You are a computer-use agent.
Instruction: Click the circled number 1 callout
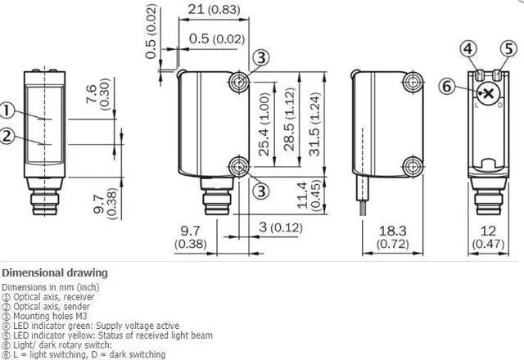(x=7, y=111)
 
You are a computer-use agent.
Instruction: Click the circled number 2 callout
(x=7, y=136)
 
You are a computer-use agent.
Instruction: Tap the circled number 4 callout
(x=468, y=49)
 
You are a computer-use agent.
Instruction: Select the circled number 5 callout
(x=508, y=49)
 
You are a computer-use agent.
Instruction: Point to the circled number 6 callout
(x=447, y=86)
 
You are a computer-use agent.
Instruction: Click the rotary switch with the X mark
(x=488, y=93)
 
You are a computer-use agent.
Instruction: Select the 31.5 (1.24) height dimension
(x=314, y=124)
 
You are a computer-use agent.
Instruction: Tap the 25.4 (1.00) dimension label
(x=264, y=124)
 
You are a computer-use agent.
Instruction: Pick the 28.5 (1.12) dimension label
(x=289, y=119)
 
